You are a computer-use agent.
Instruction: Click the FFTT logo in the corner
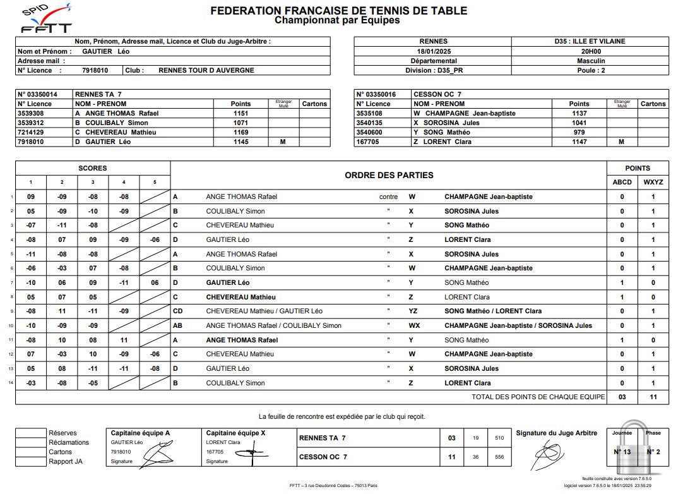coord(45,19)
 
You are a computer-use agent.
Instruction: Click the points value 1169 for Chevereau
coord(241,132)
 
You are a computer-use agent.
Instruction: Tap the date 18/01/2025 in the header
coord(432,51)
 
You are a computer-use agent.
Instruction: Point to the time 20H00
coord(590,51)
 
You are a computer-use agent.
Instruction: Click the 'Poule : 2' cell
coord(590,71)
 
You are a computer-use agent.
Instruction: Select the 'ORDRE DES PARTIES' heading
coord(389,175)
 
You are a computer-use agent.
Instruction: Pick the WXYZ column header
coord(653,182)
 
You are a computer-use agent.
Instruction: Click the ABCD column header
coord(622,182)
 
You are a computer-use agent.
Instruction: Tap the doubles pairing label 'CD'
coord(178,311)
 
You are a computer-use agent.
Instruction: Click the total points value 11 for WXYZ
coord(653,397)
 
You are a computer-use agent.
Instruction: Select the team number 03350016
coord(377,94)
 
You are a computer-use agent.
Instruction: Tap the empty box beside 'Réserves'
coord(31,433)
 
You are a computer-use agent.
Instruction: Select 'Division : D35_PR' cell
coord(432,71)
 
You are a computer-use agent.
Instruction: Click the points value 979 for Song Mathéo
coord(579,132)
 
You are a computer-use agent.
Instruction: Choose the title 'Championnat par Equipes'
coord(337,20)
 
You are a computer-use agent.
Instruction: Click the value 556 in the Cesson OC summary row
coord(499,457)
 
